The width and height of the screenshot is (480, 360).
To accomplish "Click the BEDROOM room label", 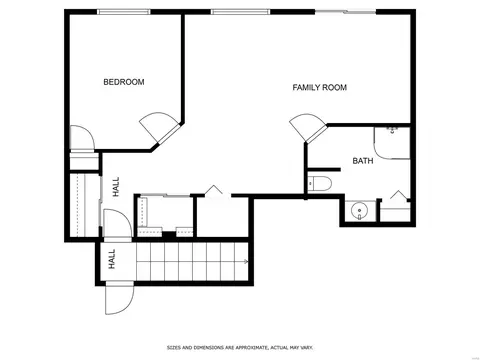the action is click(x=124, y=82).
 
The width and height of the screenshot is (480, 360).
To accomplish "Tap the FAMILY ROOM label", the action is click(x=319, y=87).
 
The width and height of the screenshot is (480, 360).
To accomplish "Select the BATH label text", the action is click(x=363, y=161).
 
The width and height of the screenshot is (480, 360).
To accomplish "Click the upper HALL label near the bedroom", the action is click(x=116, y=187).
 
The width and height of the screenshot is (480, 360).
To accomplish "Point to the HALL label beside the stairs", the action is click(x=112, y=259).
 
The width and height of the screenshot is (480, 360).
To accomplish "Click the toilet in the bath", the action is click(x=320, y=184).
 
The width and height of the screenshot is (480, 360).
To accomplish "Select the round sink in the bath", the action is click(x=359, y=210).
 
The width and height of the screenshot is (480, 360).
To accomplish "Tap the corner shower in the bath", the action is click(x=392, y=143).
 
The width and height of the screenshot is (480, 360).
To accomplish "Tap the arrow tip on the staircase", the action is click(x=247, y=261).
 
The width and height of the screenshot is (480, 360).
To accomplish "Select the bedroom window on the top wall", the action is click(x=124, y=12).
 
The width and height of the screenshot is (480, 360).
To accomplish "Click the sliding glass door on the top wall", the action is click(x=345, y=12).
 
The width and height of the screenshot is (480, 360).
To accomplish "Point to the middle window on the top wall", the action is click(x=240, y=12).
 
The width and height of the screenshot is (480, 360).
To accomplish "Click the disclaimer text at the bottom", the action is click(x=240, y=348).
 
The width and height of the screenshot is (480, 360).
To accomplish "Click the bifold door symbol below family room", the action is click(x=213, y=190).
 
